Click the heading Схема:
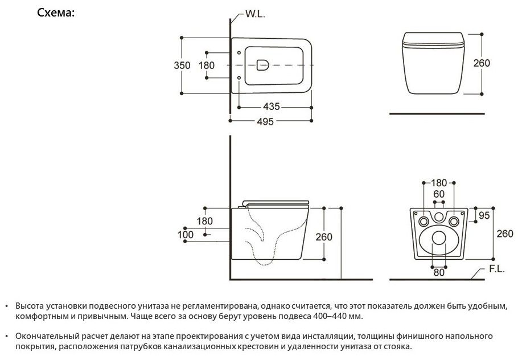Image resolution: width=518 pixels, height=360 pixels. pos(56,13)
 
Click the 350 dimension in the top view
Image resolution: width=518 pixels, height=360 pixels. pos(182,65)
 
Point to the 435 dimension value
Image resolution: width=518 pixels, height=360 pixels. pos(272,107)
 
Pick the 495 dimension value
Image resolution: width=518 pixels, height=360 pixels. pos(265,121)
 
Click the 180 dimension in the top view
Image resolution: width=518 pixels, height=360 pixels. pos(206,65)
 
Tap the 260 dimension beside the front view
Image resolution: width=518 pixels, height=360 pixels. pos(482,63)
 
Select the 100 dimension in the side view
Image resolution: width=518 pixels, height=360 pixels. pos(186,234)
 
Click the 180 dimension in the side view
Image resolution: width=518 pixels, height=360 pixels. pos(205,221)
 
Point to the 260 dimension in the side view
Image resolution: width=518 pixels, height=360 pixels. pos(323,236)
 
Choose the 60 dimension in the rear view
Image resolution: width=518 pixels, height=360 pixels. pos(439,194)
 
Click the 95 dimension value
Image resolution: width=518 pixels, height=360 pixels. pos(484,215)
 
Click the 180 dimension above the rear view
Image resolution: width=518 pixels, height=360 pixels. pos(439,183)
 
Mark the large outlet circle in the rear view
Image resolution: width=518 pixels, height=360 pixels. pos(439,238)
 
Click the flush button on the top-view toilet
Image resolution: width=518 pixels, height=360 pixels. pos(264,65)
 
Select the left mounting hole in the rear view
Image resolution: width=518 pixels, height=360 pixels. pos(424,221)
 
